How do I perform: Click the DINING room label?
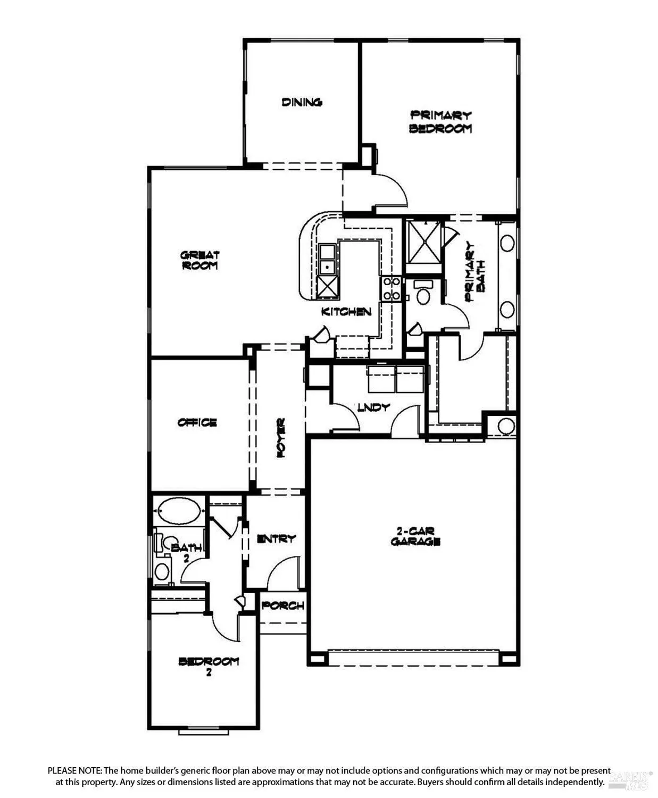coord(302,102)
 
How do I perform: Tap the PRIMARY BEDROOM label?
coord(440,122)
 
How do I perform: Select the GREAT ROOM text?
coord(200,261)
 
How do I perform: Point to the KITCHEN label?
coord(346,312)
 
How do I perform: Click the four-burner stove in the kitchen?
coord(392,288)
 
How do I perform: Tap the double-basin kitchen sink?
coord(327,258)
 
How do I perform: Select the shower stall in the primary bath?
coord(423,242)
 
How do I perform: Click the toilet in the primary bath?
coord(423,293)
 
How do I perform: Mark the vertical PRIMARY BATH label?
coord(475,272)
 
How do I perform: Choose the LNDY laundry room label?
coord(373,408)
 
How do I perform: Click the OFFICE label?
coord(197,422)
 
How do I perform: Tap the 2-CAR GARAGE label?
coord(415,536)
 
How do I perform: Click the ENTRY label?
coord(276,539)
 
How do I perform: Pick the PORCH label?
coord(283,605)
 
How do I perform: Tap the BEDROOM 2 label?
coord(209,666)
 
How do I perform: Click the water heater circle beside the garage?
coord(507,426)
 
